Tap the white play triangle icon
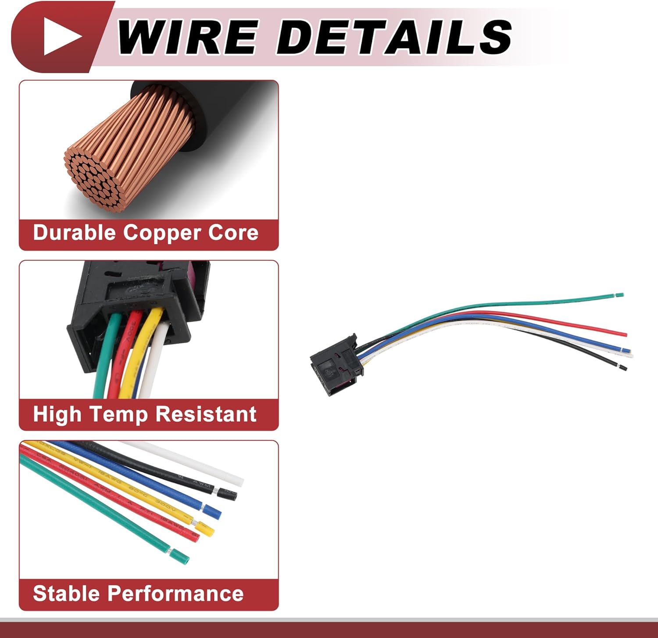[62, 36]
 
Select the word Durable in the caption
[75, 233]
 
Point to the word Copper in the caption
[162, 233]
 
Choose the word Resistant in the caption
[206, 414]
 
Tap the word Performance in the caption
[175, 594]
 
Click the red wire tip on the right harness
[623, 334]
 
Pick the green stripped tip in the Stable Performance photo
[180, 556]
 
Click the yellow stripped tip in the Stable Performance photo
[205, 529]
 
